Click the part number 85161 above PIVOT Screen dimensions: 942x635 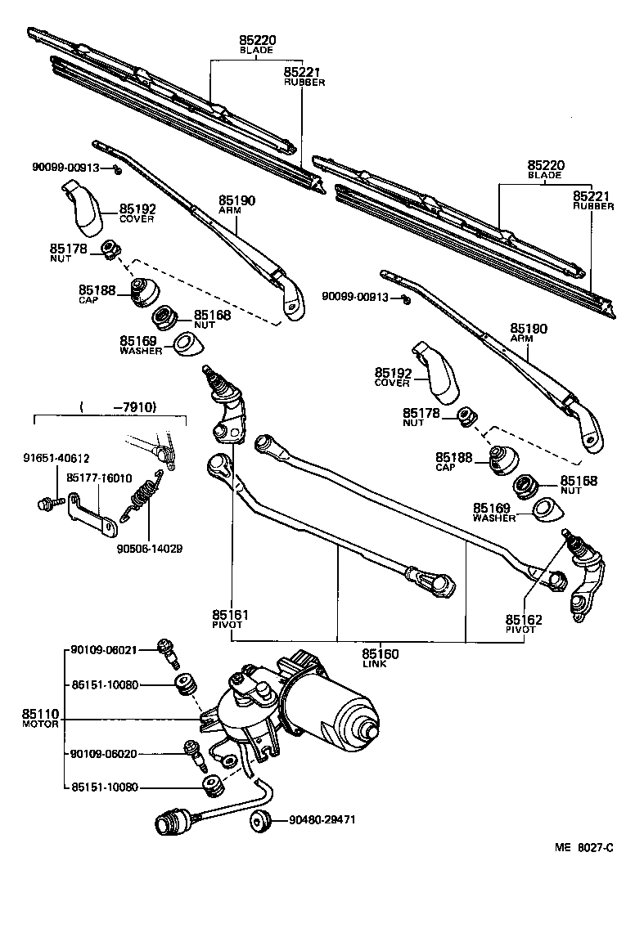coord(230,614)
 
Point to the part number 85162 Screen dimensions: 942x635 coord(523,620)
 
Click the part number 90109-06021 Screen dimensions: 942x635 coord(103,650)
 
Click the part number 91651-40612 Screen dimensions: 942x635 coord(56,459)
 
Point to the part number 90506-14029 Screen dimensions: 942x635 coord(149,548)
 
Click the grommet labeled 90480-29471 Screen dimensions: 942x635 coord(261,820)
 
